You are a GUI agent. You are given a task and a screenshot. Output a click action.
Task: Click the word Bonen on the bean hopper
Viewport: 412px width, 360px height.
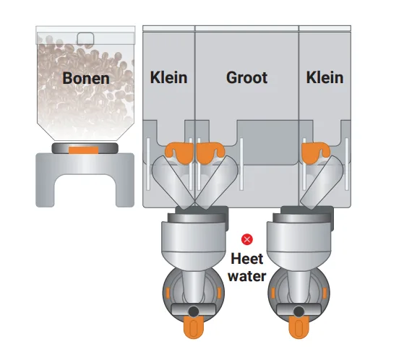86,78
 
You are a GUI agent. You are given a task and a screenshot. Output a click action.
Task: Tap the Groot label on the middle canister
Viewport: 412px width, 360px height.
246,78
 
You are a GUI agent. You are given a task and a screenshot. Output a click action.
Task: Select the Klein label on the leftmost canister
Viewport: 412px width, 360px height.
168,78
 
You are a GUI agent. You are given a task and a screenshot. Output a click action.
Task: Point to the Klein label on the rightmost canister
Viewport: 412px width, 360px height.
325,78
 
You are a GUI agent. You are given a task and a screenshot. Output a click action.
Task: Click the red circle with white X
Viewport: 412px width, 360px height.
247,239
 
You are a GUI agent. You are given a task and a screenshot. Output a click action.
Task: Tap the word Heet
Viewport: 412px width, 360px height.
247,259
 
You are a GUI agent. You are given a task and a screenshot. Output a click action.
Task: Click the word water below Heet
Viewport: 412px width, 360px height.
247,276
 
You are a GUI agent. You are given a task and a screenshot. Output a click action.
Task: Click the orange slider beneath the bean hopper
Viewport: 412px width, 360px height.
84,150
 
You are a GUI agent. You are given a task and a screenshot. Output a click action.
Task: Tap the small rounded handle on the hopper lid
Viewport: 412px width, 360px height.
85,38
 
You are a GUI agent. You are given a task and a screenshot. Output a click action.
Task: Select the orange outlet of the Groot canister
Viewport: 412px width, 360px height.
210,153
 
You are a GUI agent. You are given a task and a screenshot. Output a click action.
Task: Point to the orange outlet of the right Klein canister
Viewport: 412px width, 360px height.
314,153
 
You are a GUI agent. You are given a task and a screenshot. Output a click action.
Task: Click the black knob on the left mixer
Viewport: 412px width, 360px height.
194,312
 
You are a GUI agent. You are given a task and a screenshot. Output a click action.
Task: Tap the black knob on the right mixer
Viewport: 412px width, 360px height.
299,312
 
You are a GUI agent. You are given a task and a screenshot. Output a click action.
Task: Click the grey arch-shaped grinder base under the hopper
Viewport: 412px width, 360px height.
85,179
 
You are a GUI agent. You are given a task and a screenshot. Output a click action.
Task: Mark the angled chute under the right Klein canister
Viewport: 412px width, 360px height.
322,182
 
